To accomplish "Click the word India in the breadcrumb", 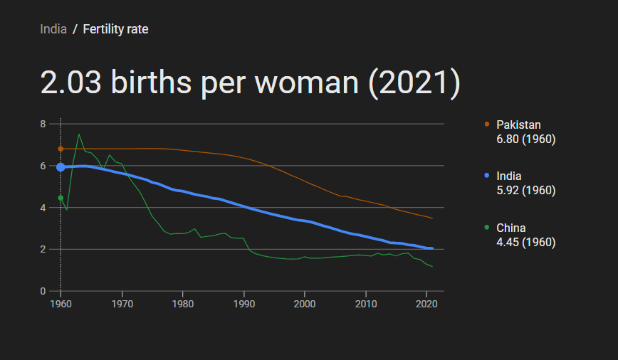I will click(x=53, y=29).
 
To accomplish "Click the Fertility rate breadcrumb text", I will click(x=115, y=29).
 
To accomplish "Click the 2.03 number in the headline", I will click(x=70, y=83).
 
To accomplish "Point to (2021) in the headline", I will click(x=414, y=83).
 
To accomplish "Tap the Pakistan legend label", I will click(x=518, y=125).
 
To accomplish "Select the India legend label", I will click(x=508, y=176).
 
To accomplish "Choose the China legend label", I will click(x=510, y=228).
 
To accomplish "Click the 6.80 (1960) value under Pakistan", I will click(x=525, y=139).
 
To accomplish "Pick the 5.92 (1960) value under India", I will click(x=525, y=191).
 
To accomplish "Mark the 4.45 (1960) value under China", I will click(x=525, y=243).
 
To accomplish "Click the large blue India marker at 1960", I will click(x=61, y=167).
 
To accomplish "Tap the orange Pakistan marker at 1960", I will click(x=61, y=149).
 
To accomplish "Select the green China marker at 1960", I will click(x=61, y=198).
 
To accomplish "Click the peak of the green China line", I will click(x=79, y=134).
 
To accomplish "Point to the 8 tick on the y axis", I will click(x=43, y=124).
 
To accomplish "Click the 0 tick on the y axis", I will click(x=43, y=291).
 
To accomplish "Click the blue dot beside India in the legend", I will click(x=487, y=176).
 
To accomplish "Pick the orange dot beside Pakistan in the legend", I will click(x=487, y=124).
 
